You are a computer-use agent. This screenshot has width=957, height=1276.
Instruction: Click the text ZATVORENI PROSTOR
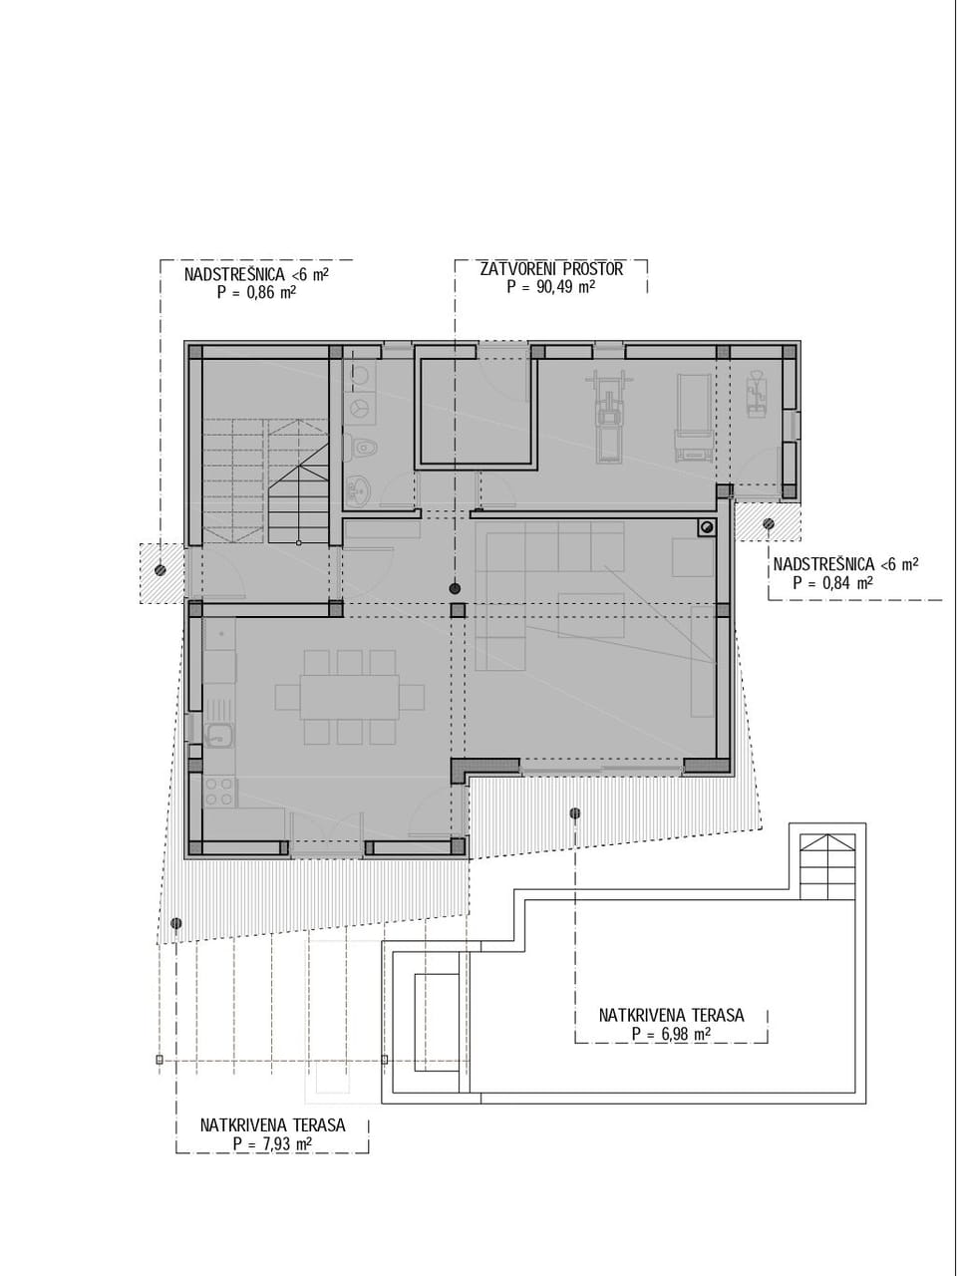[551, 269]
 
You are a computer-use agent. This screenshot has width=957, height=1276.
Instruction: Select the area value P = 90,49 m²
[551, 287]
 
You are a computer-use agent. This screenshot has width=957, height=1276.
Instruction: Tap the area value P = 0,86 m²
[256, 292]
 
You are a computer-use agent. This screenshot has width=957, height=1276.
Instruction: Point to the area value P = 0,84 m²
[832, 583]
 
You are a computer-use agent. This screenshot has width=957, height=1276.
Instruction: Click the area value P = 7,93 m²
[272, 1143]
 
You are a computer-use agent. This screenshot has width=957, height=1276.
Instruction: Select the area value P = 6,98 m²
[671, 1034]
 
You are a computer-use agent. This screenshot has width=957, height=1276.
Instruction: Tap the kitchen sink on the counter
[219, 735]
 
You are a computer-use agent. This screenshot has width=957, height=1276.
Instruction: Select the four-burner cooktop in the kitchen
[219, 793]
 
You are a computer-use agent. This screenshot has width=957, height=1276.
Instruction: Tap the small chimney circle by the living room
[707, 527]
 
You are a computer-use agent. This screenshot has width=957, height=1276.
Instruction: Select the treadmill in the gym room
[692, 419]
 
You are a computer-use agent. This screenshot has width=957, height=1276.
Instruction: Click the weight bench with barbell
[608, 414]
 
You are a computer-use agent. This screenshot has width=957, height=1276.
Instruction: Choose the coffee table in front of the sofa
[590, 614]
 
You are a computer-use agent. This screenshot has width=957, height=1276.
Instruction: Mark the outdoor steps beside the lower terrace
[827, 864]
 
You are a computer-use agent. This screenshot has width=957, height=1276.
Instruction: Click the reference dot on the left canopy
[160, 570]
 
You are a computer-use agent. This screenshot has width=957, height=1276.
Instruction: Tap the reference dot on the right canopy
[769, 523]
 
